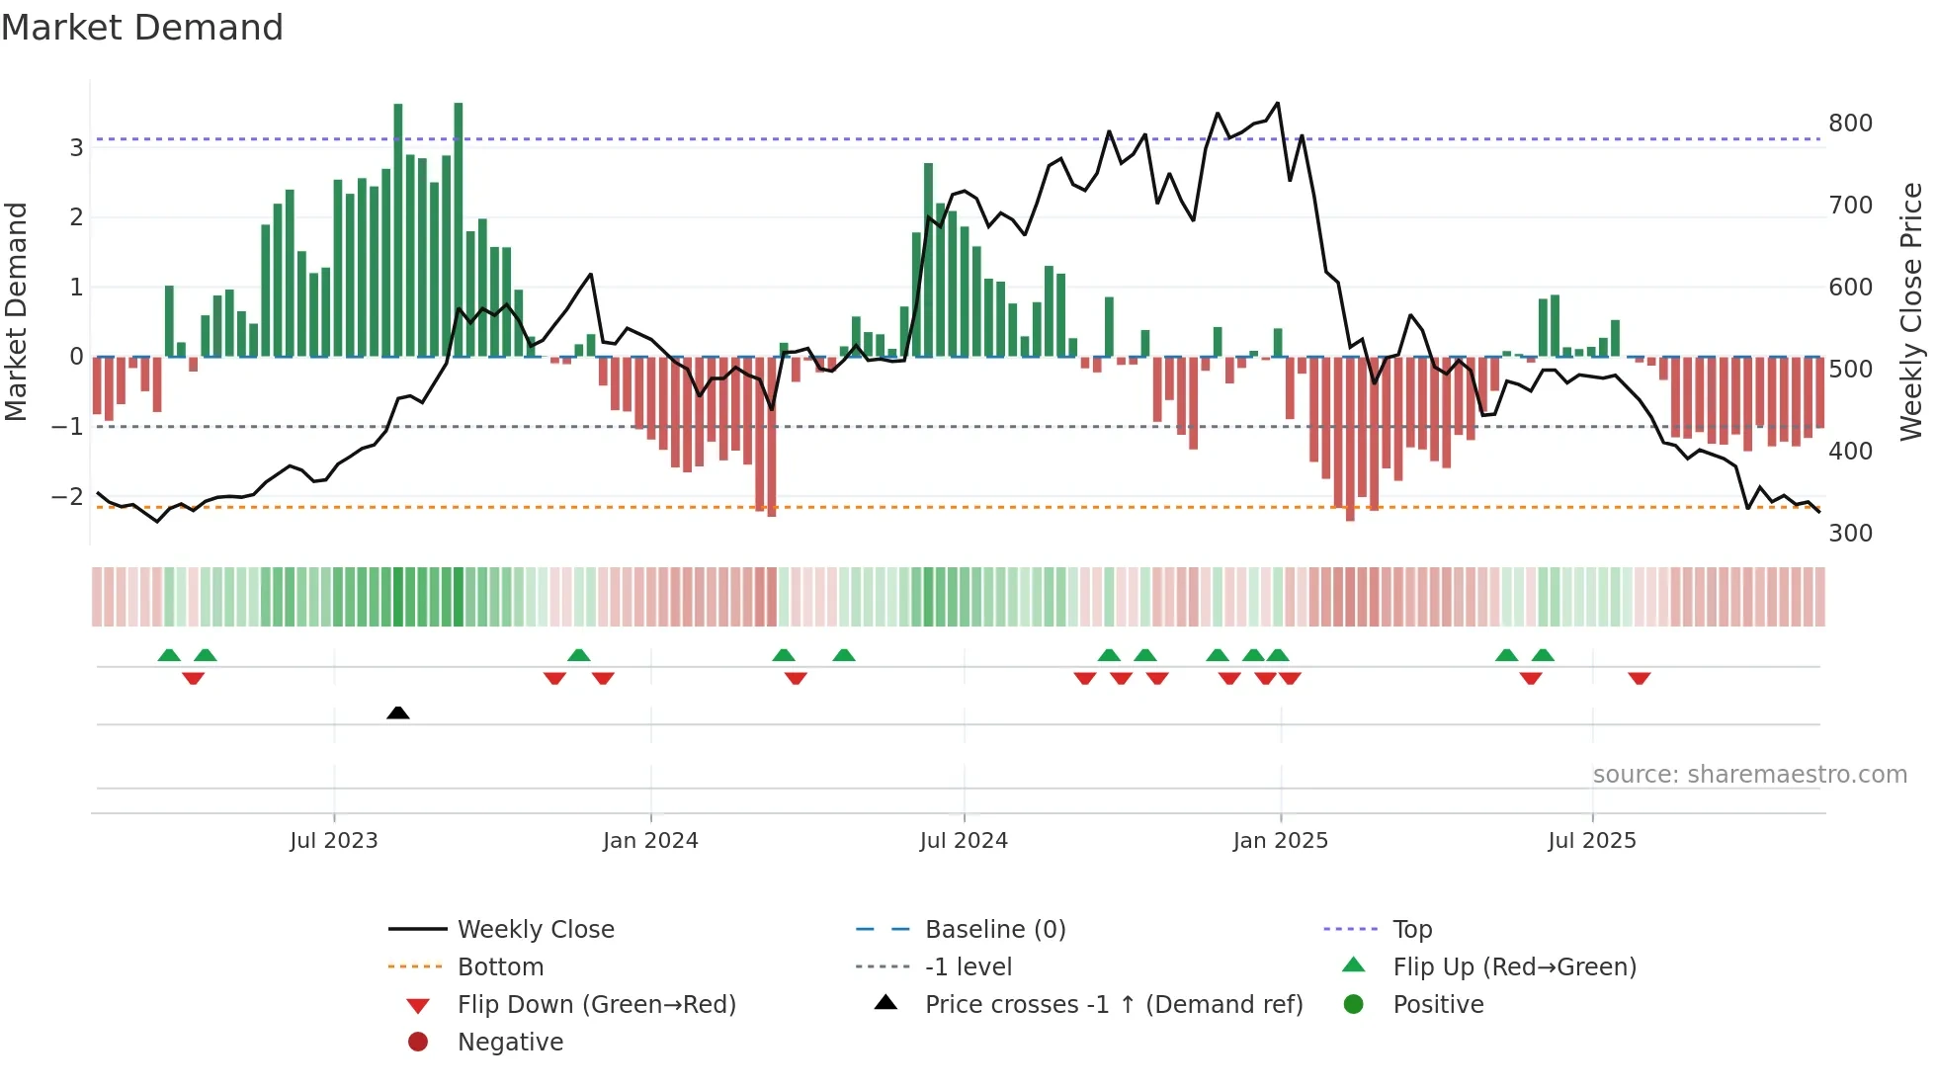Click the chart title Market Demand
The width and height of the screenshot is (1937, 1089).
[142, 28]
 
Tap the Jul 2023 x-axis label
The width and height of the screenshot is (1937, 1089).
[334, 841]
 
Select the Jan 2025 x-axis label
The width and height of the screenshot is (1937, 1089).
[1281, 841]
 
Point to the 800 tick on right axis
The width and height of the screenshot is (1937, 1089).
[1850, 124]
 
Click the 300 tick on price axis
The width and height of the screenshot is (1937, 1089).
[1850, 534]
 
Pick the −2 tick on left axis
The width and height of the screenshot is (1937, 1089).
[68, 497]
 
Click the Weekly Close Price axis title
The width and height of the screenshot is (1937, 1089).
[1911, 311]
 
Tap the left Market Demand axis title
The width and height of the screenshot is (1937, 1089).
[16, 311]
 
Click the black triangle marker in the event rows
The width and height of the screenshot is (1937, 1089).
[398, 712]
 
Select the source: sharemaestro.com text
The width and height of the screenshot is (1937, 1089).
[1749, 775]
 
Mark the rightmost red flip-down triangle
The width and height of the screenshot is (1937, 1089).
[1640, 678]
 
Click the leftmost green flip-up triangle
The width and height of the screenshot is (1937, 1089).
[169, 655]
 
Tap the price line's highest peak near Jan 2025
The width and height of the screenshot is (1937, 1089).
[1278, 103]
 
